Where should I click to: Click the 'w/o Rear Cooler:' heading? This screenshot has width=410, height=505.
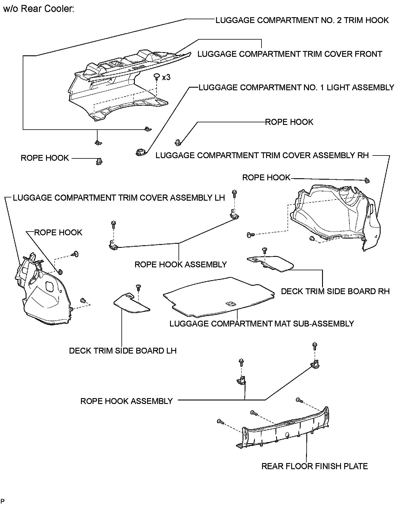click(x=39, y=9)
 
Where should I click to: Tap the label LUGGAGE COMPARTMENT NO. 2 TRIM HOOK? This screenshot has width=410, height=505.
click(x=302, y=20)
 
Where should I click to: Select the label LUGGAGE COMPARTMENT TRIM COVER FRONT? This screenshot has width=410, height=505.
click(x=289, y=54)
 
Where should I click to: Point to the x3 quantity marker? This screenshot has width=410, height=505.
click(x=166, y=77)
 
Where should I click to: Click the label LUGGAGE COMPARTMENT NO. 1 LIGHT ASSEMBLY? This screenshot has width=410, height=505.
click(x=296, y=87)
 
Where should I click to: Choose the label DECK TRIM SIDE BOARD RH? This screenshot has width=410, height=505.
click(x=335, y=291)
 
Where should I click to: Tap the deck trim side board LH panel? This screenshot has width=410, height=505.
click(x=132, y=304)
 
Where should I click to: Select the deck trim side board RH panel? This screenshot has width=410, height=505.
click(x=271, y=263)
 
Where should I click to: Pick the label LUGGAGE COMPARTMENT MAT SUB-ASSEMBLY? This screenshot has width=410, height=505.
click(x=261, y=324)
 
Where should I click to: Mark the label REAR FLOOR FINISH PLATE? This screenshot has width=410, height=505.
click(x=314, y=466)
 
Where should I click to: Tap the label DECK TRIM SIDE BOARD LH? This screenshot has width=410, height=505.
click(x=123, y=350)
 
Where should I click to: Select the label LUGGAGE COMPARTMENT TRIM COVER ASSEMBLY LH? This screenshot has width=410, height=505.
click(x=119, y=198)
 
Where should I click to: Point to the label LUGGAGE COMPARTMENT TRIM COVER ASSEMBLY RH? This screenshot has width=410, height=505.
click(x=262, y=155)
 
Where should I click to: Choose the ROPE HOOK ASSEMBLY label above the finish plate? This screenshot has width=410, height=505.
click(x=126, y=401)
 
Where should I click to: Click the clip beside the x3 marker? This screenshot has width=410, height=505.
click(x=157, y=76)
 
